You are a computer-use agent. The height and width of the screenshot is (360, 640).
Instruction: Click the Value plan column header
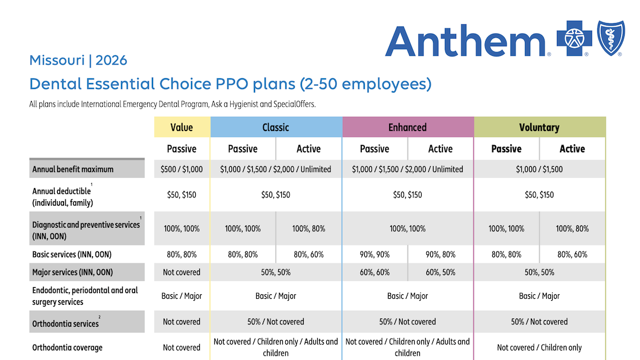pos(182,127)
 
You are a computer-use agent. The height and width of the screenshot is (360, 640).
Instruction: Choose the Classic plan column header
pos(276,127)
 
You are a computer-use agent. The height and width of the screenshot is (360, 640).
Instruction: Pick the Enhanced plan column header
pos(407,127)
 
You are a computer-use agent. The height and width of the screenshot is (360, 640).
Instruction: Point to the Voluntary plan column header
pos(539,127)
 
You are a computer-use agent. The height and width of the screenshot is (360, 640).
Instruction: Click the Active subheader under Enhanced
pos(440,149)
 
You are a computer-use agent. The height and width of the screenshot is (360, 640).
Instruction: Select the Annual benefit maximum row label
pos(73,169)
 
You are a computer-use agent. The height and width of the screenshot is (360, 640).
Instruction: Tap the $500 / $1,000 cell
pos(182,169)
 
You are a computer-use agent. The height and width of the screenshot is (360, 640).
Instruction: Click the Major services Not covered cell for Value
pos(182,272)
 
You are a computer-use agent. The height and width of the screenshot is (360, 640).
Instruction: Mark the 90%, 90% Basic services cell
pos(374,254)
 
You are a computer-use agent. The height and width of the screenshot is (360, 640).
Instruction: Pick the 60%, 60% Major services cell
pos(374,272)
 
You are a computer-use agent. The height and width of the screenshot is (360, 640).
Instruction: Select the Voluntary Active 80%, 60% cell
pos(572,254)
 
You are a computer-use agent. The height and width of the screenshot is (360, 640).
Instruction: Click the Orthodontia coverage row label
pos(67,348)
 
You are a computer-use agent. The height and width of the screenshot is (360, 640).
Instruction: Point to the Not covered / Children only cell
pos(539,348)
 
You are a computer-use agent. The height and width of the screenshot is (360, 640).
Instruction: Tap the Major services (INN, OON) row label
pos(72,272)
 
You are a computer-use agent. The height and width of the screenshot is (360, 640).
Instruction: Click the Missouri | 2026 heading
pos(78,60)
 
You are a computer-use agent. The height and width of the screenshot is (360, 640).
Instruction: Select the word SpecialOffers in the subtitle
pos(294,104)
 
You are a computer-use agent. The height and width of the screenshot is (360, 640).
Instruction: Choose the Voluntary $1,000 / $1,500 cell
pos(539,169)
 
